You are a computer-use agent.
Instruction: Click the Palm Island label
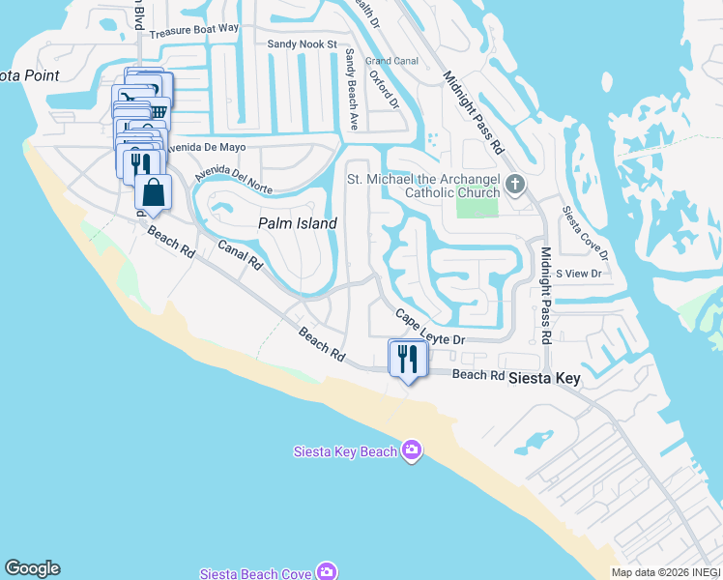point(298,223)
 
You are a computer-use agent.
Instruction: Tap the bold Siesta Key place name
point(545,379)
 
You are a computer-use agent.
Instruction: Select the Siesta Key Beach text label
point(345,451)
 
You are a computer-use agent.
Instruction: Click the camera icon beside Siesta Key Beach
point(413,450)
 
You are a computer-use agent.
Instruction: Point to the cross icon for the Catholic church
point(516,184)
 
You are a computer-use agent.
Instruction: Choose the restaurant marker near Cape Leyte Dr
point(407,359)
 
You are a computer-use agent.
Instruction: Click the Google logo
point(32,568)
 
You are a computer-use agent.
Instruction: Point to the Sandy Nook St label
point(302,44)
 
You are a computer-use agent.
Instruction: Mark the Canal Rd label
point(240,254)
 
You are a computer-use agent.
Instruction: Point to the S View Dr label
point(579,274)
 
